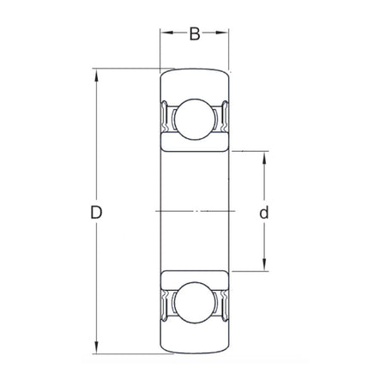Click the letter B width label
point(195,34)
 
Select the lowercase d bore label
point(264,212)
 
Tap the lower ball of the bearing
point(195,302)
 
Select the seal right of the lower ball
point(224,302)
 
